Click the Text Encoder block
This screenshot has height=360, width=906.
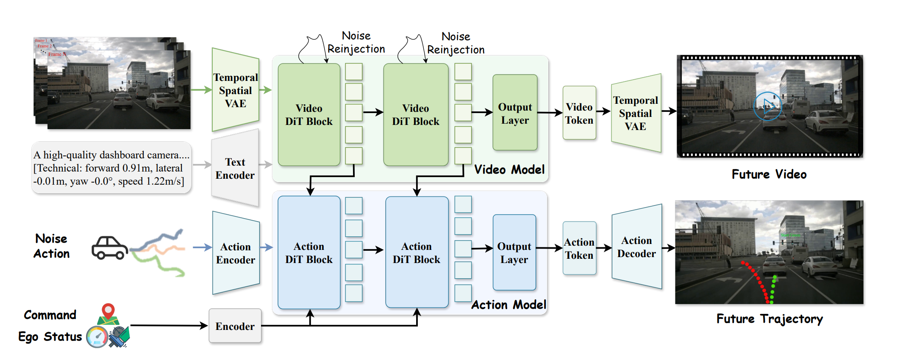tap(235, 169)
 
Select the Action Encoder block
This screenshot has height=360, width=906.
tap(236, 253)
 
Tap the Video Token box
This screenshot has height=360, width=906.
tap(579, 113)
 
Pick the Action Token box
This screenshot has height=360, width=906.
tap(579, 248)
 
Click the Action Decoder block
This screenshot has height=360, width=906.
tap(636, 247)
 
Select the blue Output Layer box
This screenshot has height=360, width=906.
tap(514, 252)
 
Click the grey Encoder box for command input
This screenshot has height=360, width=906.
tap(235, 326)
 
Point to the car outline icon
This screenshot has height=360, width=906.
tap(110, 248)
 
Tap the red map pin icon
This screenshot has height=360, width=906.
tap(108, 311)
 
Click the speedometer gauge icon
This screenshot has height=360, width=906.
tap(97, 337)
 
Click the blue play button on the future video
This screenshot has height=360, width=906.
tap(767, 106)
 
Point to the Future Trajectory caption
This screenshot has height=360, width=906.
tap(770, 318)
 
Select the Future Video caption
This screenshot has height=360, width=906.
tap(769, 174)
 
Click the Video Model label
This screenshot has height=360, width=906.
tap(509, 169)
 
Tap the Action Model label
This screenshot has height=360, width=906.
tap(509, 305)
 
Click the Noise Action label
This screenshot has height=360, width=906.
tap(51, 246)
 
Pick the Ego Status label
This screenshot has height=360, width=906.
tap(50, 337)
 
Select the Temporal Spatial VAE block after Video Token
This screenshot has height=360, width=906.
tap(636, 113)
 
